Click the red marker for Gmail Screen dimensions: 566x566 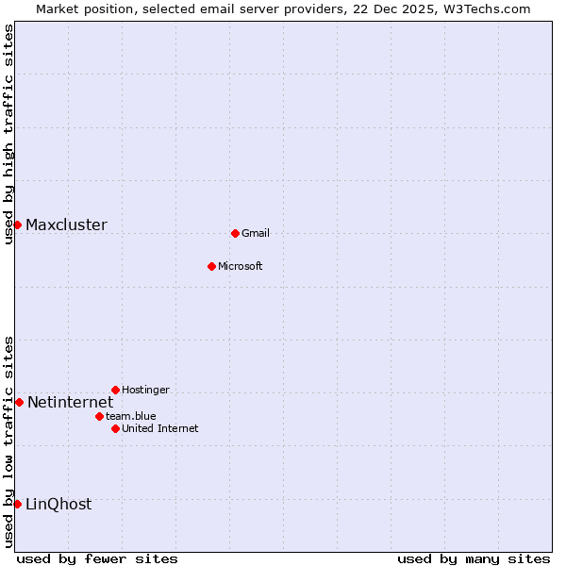coord(235,233)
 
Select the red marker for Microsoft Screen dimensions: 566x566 coord(211,266)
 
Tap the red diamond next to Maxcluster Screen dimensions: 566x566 coord(17,225)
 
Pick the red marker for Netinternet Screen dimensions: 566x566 coord(19,402)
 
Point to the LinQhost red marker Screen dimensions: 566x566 coord(17,504)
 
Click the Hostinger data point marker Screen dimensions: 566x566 coord(115,390)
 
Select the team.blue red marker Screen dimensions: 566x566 coord(99,416)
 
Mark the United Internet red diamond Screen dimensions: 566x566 coord(115,428)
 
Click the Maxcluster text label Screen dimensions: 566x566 coord(66,225)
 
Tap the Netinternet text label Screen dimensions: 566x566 coord(70,403)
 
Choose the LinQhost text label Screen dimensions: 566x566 coord(58,505)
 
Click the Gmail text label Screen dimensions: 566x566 coord(256,234)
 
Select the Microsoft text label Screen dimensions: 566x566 coord(240,267)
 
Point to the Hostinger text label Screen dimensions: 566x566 coord(145,391)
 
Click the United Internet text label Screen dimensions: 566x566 coord(159,429)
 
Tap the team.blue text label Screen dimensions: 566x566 coord(130,417)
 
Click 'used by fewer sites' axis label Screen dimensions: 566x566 coord(97,558)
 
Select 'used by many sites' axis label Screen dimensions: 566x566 coord(474,558)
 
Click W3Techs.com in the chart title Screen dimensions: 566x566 coord(487,8)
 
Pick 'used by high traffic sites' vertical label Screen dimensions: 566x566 coord(8,134)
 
